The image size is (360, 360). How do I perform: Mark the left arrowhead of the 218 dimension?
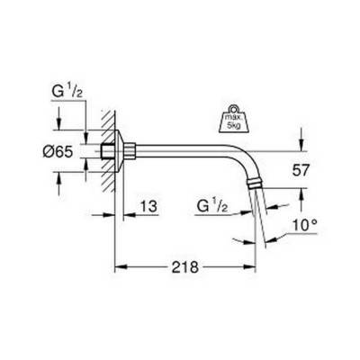pyautogui.click(x=119, y=266)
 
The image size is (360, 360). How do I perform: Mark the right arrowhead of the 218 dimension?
pyautogui.click(x=255, y=266)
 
